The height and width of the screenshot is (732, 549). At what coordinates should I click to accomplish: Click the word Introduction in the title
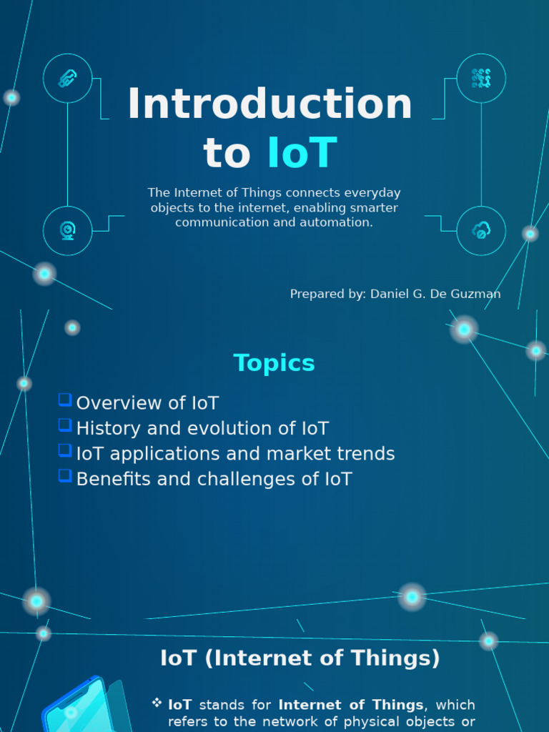tap(269, 104)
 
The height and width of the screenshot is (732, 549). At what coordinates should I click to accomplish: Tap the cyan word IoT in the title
tap(302, 153)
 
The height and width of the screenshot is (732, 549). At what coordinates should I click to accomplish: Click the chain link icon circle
tap(67, 78)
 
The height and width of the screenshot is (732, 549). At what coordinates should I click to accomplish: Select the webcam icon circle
tap(67, 230)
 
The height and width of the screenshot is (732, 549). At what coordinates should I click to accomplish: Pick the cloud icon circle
tap(481, 230)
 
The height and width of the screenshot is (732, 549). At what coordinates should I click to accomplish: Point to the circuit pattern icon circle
tap(481, 78)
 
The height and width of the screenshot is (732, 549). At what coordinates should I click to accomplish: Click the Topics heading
tap(274, 363)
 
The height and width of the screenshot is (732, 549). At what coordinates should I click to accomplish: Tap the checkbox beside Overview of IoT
tap(65, 400)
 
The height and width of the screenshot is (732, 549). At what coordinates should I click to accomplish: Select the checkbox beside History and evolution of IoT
tap(65, 425)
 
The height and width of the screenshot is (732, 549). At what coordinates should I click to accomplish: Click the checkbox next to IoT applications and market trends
tap(65, 451)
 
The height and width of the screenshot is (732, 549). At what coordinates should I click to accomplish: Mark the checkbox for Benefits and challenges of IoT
tap(65, 476)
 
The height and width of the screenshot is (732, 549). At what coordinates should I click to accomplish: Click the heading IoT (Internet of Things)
tap(300, 658)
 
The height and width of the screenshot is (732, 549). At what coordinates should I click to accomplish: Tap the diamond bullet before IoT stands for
tap(157, 703)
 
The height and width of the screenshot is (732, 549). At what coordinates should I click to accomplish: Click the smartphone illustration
tap(79, 708)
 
